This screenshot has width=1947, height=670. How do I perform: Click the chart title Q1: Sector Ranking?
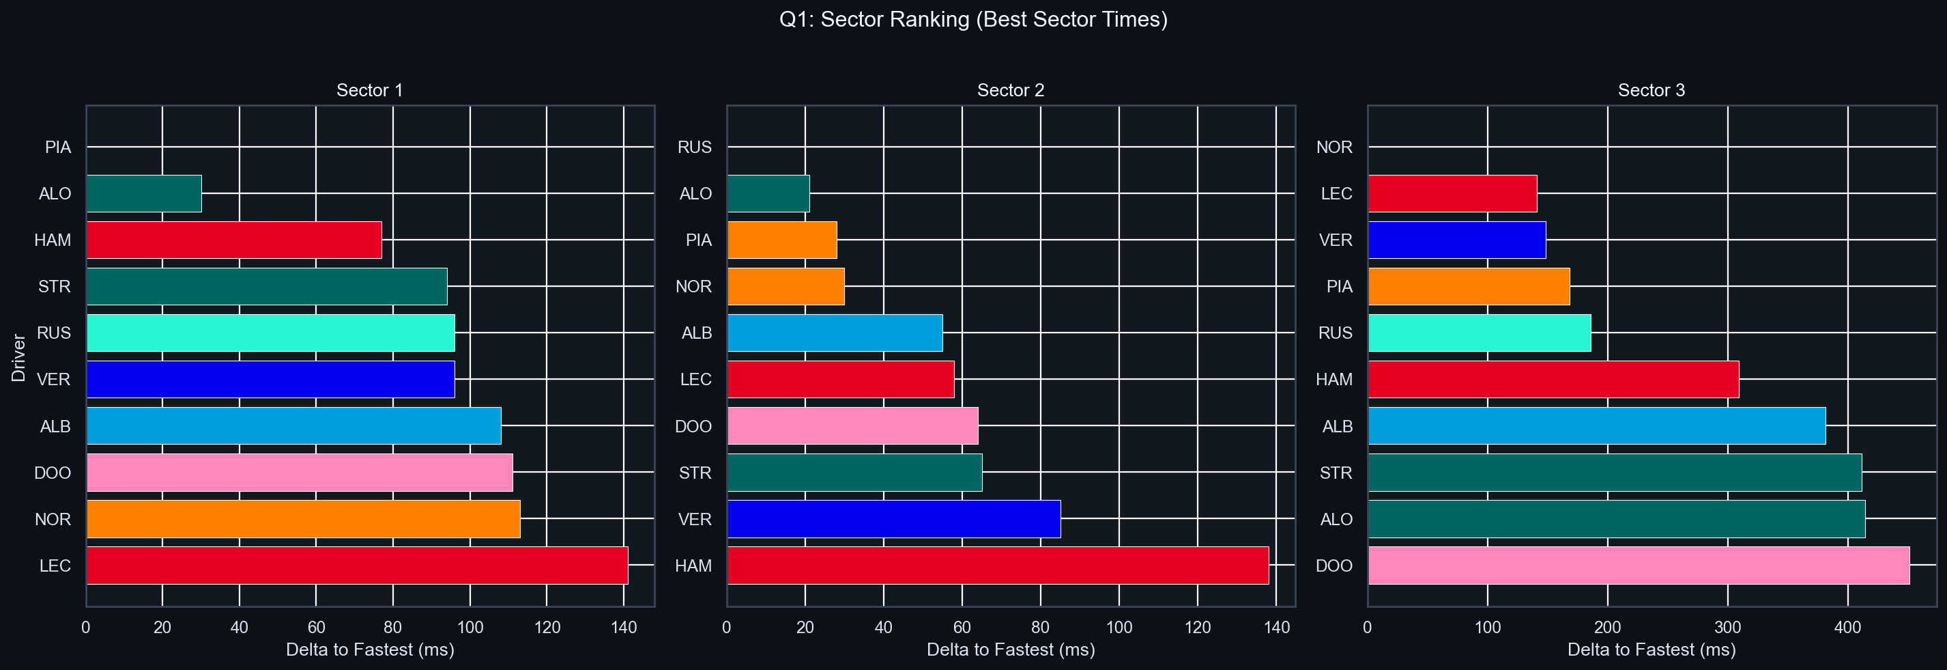click(972, 20)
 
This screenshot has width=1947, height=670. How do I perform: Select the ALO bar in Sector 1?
click(143, 193)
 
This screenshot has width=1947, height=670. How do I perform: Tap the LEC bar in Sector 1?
click(357, 566)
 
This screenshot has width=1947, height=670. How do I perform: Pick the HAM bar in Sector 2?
click(998, 566)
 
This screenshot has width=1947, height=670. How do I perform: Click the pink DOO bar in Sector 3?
click(1639, 566)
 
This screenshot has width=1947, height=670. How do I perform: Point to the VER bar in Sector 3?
click(1456, 240)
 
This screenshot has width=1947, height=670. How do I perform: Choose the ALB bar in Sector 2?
click(835, 333)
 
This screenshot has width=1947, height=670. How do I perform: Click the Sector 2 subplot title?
click(1011, 91)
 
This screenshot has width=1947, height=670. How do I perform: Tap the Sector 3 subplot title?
click(1652, 91)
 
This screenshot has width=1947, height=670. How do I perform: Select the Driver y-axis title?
click(19, 357)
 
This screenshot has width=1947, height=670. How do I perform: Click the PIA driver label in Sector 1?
click(58, 148)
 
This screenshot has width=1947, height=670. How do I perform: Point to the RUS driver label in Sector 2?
click(695, 148)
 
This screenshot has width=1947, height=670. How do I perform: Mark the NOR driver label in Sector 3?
click(1334, 148)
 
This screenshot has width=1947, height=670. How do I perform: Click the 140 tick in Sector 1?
click(624, 627)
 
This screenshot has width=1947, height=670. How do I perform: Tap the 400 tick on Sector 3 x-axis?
click(1847, 627)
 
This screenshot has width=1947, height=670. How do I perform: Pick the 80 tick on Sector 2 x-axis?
click(1040, 627)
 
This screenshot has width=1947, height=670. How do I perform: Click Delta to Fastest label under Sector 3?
click(1652, 650)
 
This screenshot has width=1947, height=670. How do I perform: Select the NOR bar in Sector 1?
click(303, 519)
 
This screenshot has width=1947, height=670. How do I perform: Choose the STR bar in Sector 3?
click(1615, 473)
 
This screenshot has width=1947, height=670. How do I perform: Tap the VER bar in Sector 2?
click(893, 519)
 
